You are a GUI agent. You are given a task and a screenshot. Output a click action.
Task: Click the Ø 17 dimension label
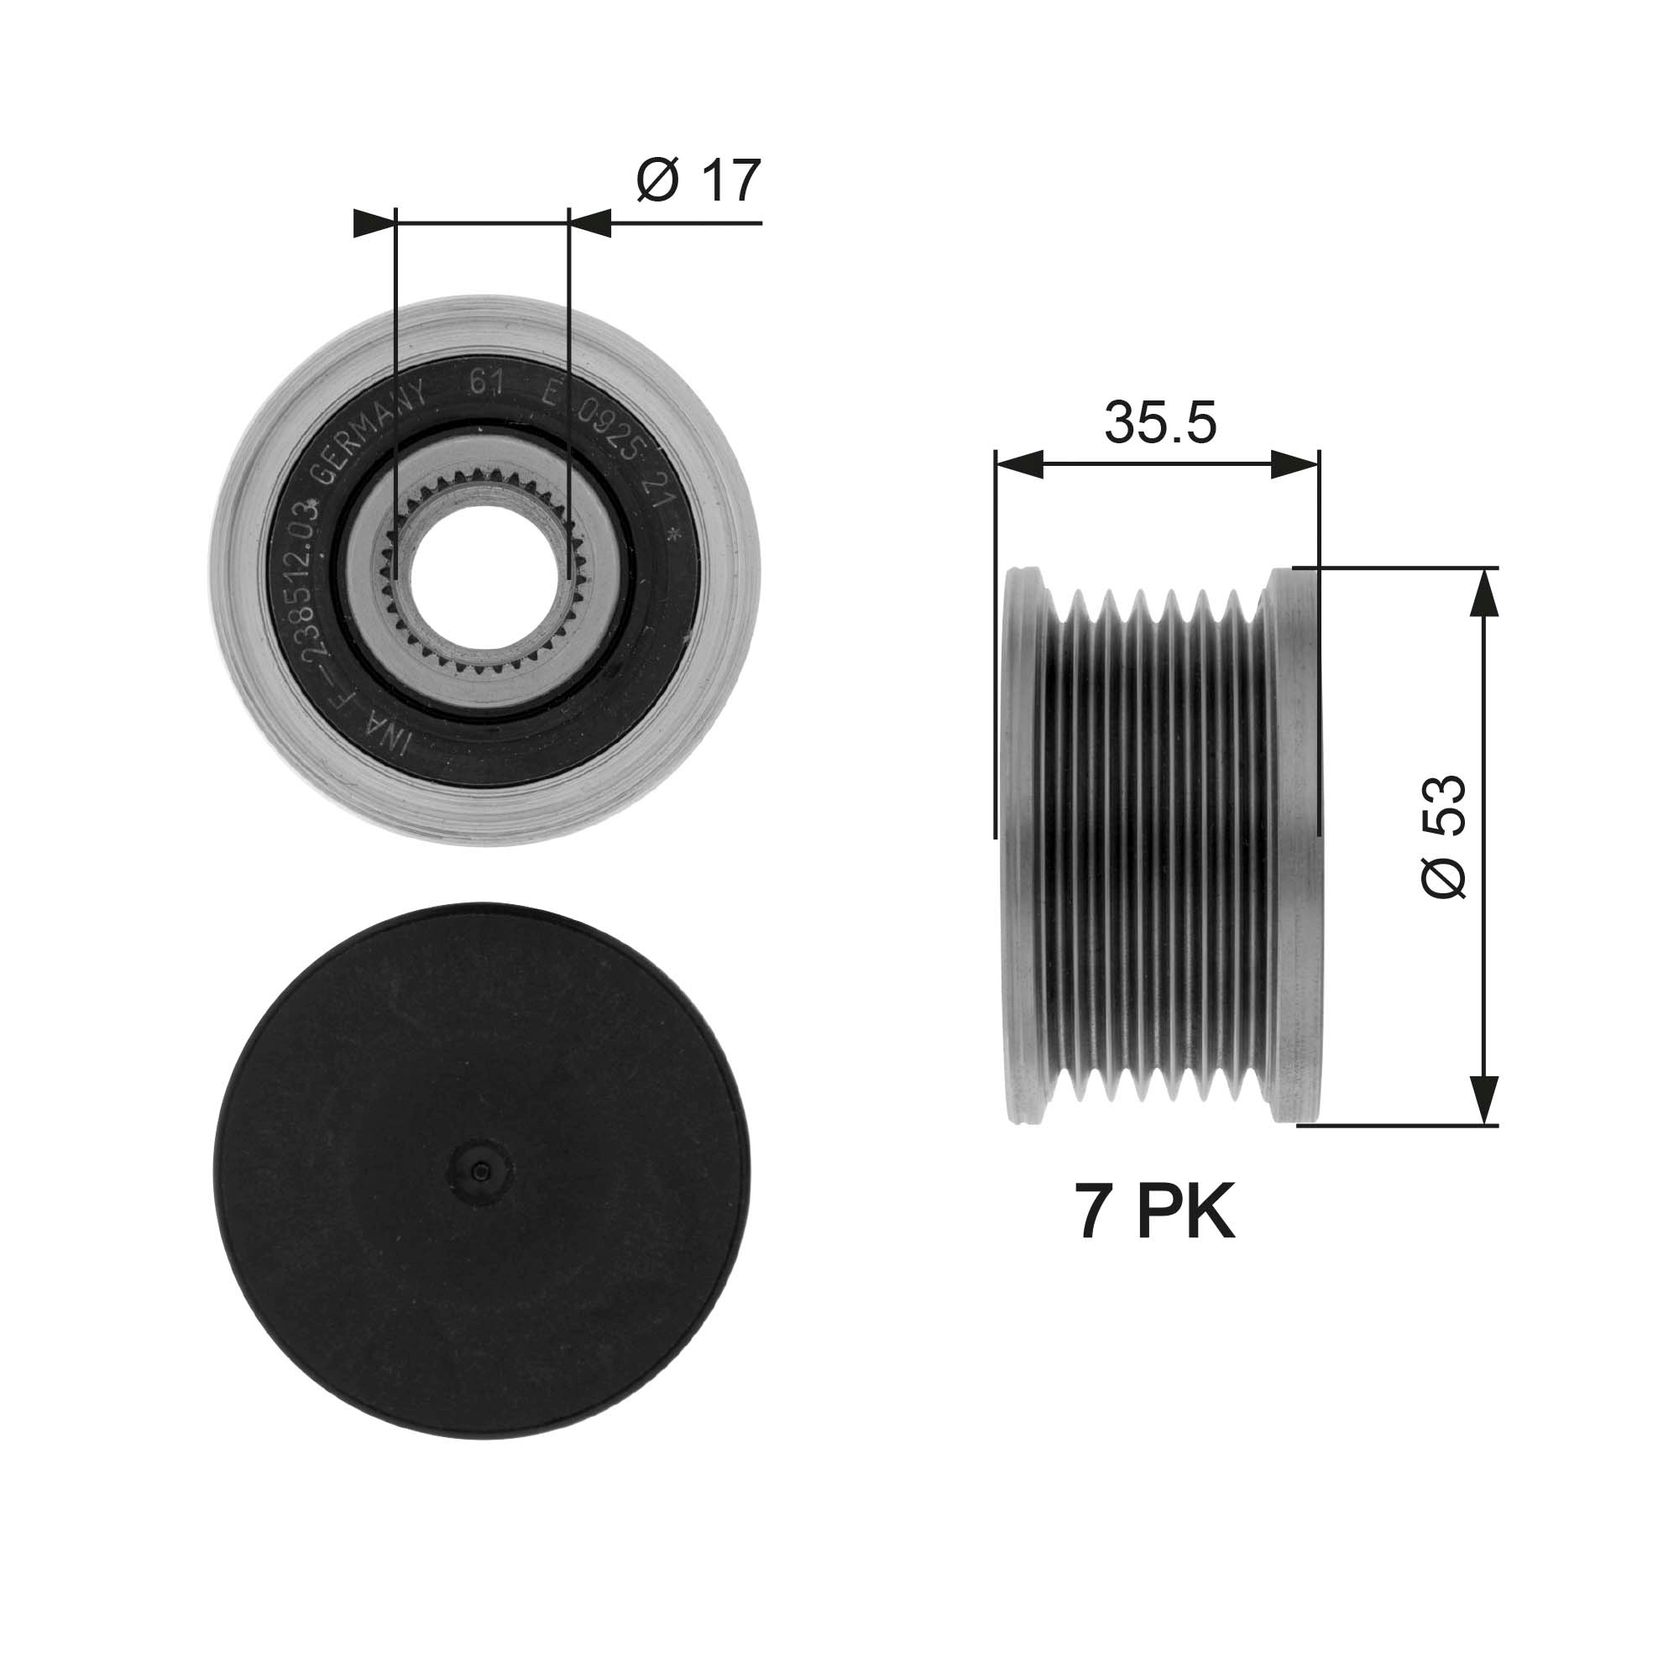(x=698, y=180)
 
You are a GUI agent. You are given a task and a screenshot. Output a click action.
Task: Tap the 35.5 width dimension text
(x=1160, y=423)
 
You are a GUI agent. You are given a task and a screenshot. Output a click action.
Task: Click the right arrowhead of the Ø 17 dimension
(x=591, y=223)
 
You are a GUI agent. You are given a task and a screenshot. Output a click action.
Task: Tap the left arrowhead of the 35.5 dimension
(x=1017, y=465)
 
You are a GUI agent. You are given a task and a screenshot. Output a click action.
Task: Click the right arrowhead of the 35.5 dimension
(x=1295, y=465)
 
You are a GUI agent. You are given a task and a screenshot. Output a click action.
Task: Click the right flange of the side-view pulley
(x=1295, y=843)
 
